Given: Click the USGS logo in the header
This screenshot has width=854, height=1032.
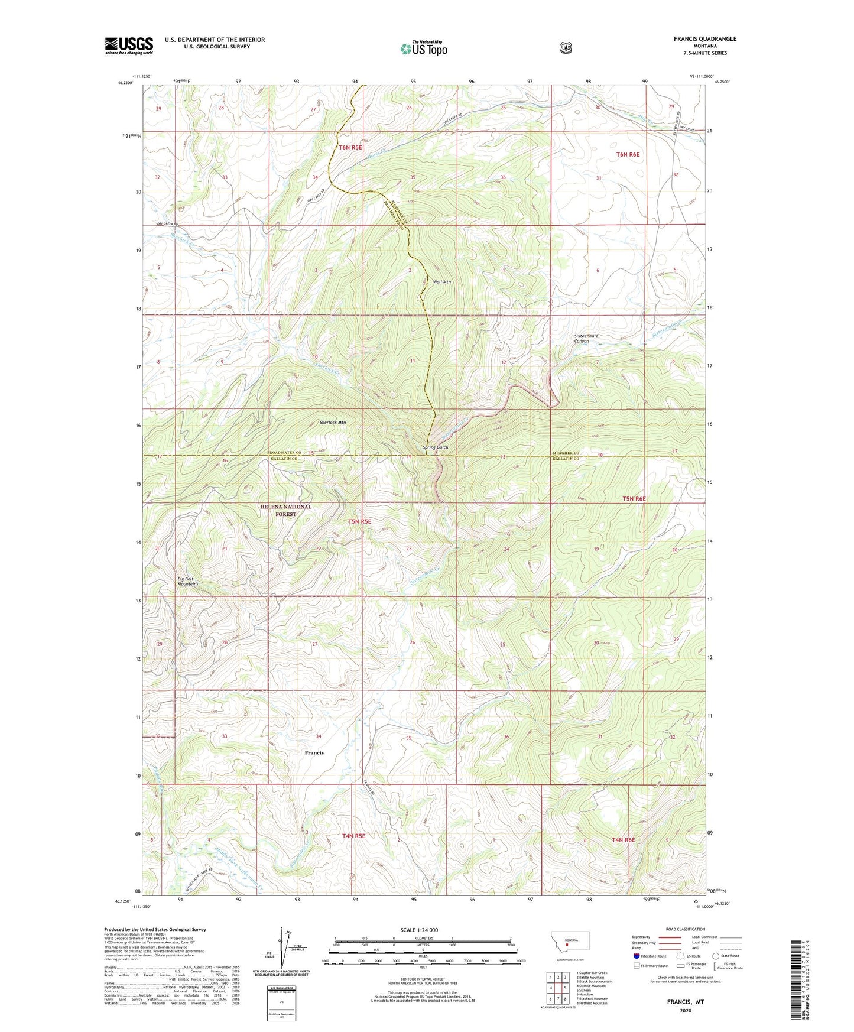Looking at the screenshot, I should tap(129, 46).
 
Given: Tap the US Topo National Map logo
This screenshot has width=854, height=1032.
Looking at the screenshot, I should tap(423, 48).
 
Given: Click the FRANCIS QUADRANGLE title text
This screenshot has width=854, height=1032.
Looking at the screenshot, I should tap(696, 39).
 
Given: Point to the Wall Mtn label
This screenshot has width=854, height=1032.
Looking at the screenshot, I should tap(442, 282).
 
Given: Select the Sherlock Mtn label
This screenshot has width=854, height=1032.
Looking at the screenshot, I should tap(333, 423).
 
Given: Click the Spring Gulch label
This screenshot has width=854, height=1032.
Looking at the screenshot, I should tap(436, 447).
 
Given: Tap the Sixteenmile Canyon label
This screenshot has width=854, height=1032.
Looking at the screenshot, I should tap(586, 339).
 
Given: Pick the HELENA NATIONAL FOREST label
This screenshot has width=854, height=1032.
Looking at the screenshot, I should tap(285, 511).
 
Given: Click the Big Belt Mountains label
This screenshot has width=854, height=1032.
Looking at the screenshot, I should tap(188, 581).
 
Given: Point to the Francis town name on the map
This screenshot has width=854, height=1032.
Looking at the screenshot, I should tap(314, 752).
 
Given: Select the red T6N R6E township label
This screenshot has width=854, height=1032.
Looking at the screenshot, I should tap(628, 154).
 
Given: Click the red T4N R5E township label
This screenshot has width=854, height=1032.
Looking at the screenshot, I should tap(353, 836).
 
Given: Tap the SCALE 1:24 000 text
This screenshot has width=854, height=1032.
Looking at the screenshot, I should tap(419, 930).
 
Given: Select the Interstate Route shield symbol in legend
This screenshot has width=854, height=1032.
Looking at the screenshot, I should tap(636, 956).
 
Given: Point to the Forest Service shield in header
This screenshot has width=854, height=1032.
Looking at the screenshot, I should tap(566, 48).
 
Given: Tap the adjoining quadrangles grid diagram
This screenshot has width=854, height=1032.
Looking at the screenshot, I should tap(557, 988).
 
